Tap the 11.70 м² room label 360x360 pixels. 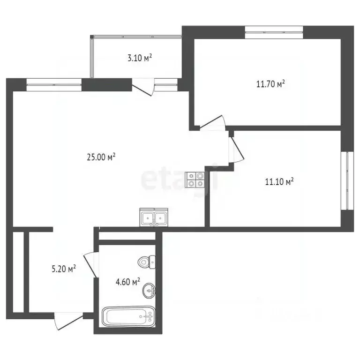click(x=270, y=84)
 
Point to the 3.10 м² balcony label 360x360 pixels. click(x=139, y=58)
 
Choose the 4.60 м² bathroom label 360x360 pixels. click(x=128, y=282)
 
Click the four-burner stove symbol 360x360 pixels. click(x=195, y=180)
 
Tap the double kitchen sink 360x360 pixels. click(x=153, y=218)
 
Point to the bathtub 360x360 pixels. click(x=128, y=317)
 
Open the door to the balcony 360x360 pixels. click(x=143, y=89)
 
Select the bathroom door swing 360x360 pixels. click(x=90, y=265)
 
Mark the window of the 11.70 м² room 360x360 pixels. click(x=274, y=33)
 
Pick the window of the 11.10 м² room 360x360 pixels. click(x=347, y=180)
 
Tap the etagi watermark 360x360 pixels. click(x=180, y=178)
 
